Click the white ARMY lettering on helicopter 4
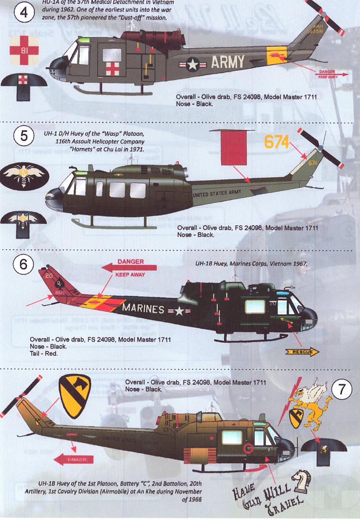(x=228, y=62)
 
